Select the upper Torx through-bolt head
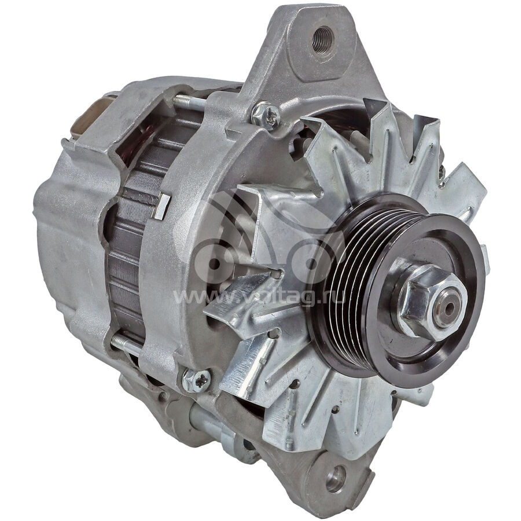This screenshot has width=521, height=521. point(265,115)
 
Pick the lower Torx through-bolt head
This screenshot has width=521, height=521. point(196,380)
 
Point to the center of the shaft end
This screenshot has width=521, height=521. point(449,309)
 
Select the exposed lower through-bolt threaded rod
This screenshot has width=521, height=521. point(126,344)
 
